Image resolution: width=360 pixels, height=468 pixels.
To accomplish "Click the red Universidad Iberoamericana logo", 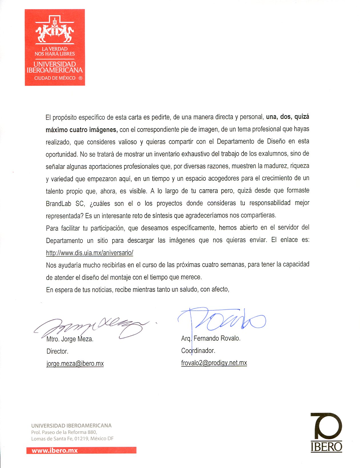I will click(x=55, y=47).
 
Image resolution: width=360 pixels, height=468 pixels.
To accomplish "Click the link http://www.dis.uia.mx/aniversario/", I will click(x=90, y=253).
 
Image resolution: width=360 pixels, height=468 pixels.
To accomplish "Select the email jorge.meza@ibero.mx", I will click(x=75, y=363).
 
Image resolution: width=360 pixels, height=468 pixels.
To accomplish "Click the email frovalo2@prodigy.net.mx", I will click(x=214, y=363).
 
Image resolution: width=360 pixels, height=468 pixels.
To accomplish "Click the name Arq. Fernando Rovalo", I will click(x=211, y=338).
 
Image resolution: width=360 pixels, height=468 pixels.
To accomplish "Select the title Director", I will click(x=57, y=351).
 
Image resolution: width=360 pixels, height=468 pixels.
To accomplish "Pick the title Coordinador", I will click(x=198, y=350).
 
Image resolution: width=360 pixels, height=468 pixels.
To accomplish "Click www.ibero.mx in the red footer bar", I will click(x=55, y=451).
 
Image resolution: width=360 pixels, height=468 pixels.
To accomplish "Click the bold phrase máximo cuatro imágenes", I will click(x=82, y=130).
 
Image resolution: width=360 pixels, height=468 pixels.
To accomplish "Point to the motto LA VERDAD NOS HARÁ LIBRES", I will click(x=55, y=51).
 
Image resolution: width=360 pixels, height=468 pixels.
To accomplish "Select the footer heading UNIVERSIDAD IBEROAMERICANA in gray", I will click(x=71, y=425).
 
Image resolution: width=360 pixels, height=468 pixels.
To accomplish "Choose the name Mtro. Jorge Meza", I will click(x=70, y=339).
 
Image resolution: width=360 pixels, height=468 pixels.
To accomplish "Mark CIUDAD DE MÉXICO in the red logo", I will click(x=55, y=78).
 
